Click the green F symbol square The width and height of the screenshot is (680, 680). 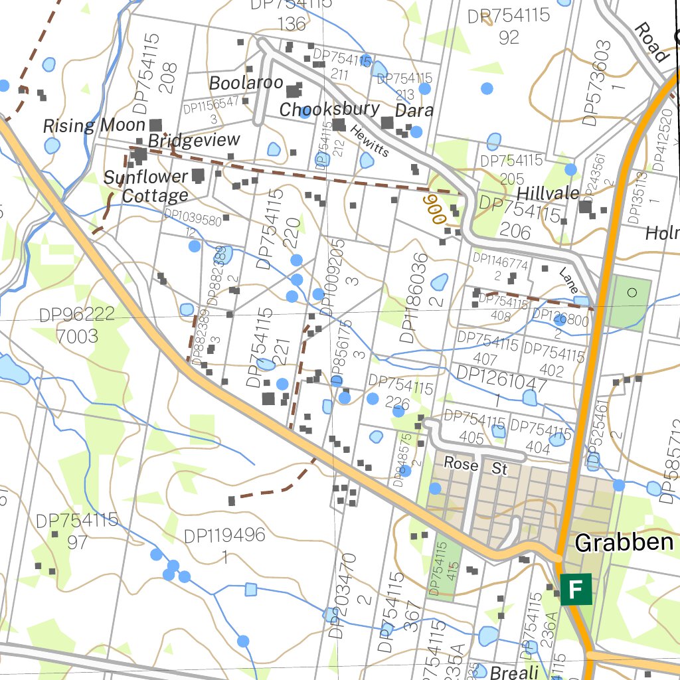point(576,589)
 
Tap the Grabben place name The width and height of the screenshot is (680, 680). point(624,543)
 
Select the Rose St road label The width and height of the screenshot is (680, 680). point(475,466)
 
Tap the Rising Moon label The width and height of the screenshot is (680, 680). point(94,126)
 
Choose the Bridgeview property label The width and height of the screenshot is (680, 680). point(193,141)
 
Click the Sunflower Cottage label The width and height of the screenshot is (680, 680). point(145,187)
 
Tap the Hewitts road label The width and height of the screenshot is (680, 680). point(370,141)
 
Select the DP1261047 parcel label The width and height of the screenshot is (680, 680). point(501,391)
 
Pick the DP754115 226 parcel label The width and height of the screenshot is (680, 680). point(400,392)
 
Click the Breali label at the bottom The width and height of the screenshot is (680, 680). point(514,671)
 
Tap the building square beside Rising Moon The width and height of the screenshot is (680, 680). point(157,125)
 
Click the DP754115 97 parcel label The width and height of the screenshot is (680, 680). point(77,531)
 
